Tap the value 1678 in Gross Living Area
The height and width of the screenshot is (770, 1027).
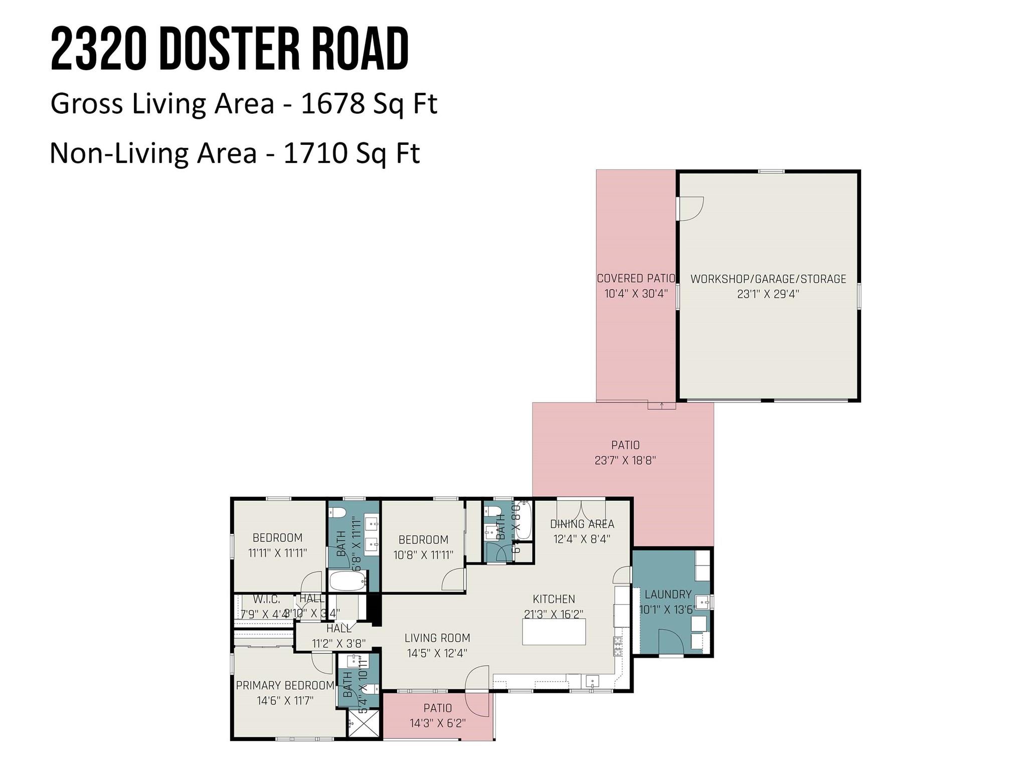(x=332, y=104)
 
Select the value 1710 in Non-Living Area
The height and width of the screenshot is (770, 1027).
(x=315, y=153)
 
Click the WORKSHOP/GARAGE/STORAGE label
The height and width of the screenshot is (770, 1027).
(x=768, y=279)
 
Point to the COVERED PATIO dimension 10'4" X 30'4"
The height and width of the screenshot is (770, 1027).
(x=636, y=294)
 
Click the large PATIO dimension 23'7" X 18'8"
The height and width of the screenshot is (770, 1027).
(x=625, y=460)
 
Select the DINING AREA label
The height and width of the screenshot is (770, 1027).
(x=582, y=524)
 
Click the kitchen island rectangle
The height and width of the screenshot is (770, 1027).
(x=554, y=632)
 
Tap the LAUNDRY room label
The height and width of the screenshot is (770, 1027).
(x=668, y=595)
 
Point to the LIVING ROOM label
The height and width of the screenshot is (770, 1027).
(x=437, y=638)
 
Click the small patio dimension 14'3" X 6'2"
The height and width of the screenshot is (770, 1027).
(x=438, y=723)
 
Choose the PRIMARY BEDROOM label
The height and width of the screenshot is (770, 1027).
(x=285, y=685)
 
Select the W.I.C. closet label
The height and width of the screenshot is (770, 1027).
(x=266, y=599)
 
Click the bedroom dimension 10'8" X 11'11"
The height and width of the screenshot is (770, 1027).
(x=423, y=555)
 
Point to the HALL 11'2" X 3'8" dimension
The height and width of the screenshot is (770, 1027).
(x=338, y=643)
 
